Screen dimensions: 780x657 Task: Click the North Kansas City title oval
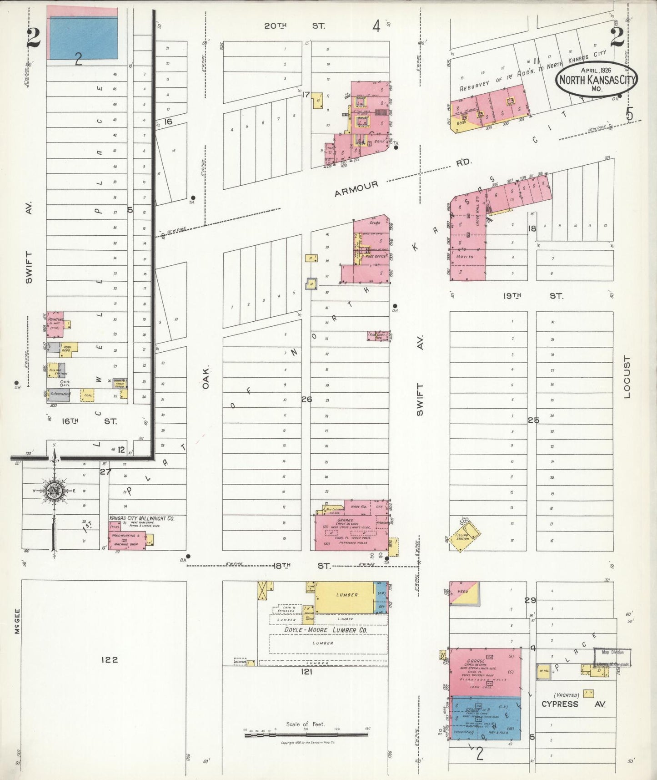point(597,80)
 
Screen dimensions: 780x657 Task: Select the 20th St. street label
point(295,26)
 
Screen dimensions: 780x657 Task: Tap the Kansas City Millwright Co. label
point(141,518)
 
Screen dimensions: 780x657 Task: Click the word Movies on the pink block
point(465,257)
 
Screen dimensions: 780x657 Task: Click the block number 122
point(109,659)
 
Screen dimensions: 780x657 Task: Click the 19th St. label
point(532,296)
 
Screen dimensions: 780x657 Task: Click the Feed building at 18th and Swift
point(463,593)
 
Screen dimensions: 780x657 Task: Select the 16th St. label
point(89,421)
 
